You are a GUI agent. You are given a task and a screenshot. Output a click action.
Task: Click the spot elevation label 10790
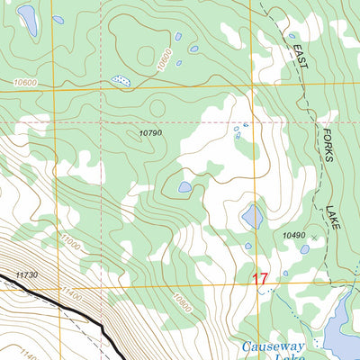pos(149,133)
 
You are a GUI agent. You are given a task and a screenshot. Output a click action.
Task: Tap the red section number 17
pos(260,280)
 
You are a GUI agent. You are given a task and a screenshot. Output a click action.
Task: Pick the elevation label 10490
pos(294,236)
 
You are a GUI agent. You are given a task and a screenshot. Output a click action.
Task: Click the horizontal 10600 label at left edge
pos(26,83)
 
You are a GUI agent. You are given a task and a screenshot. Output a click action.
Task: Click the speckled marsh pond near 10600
pos(120,81)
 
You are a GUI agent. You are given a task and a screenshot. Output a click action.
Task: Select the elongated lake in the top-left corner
pos(28,20)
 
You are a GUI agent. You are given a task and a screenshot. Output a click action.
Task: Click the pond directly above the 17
pos(253,216)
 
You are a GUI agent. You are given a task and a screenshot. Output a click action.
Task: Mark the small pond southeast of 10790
pos(184,187)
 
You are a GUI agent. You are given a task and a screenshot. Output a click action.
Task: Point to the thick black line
pos(81,315)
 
